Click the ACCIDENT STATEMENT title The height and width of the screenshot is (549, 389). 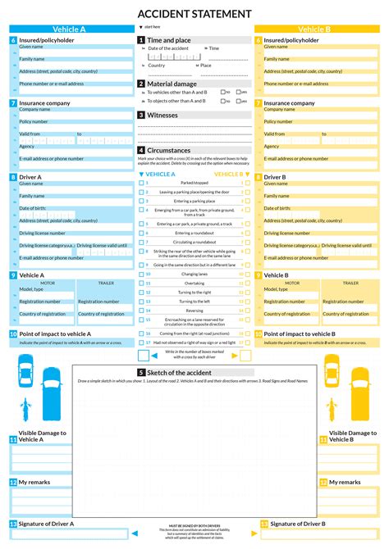pos(194,13)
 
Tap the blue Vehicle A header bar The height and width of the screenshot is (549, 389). pos(69,29)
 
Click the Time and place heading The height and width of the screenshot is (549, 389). pos(169,39)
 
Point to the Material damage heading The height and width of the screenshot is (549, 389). pos(172,84)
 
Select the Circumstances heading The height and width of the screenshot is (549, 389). pos(169,151)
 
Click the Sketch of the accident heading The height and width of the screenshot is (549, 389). pos(188,372)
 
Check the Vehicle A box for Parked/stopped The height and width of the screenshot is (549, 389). pos(141,182)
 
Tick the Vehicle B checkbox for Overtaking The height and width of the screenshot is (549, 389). pos(248,284)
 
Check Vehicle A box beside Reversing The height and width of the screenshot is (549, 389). pos(141,311)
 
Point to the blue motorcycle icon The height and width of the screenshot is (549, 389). pos(25,406)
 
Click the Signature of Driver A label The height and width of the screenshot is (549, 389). pos(46,523)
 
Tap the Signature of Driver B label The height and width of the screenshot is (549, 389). pos(298,523)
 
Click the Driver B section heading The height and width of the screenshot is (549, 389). pos(275,177)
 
